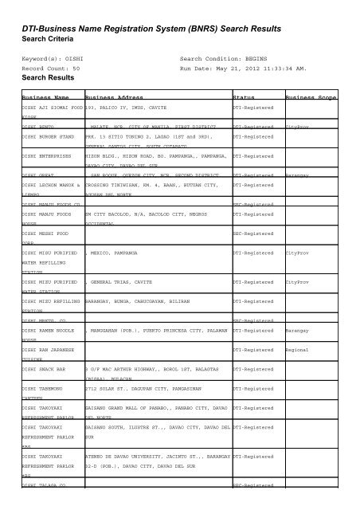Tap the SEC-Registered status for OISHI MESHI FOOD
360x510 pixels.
click(x=252, y=233)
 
